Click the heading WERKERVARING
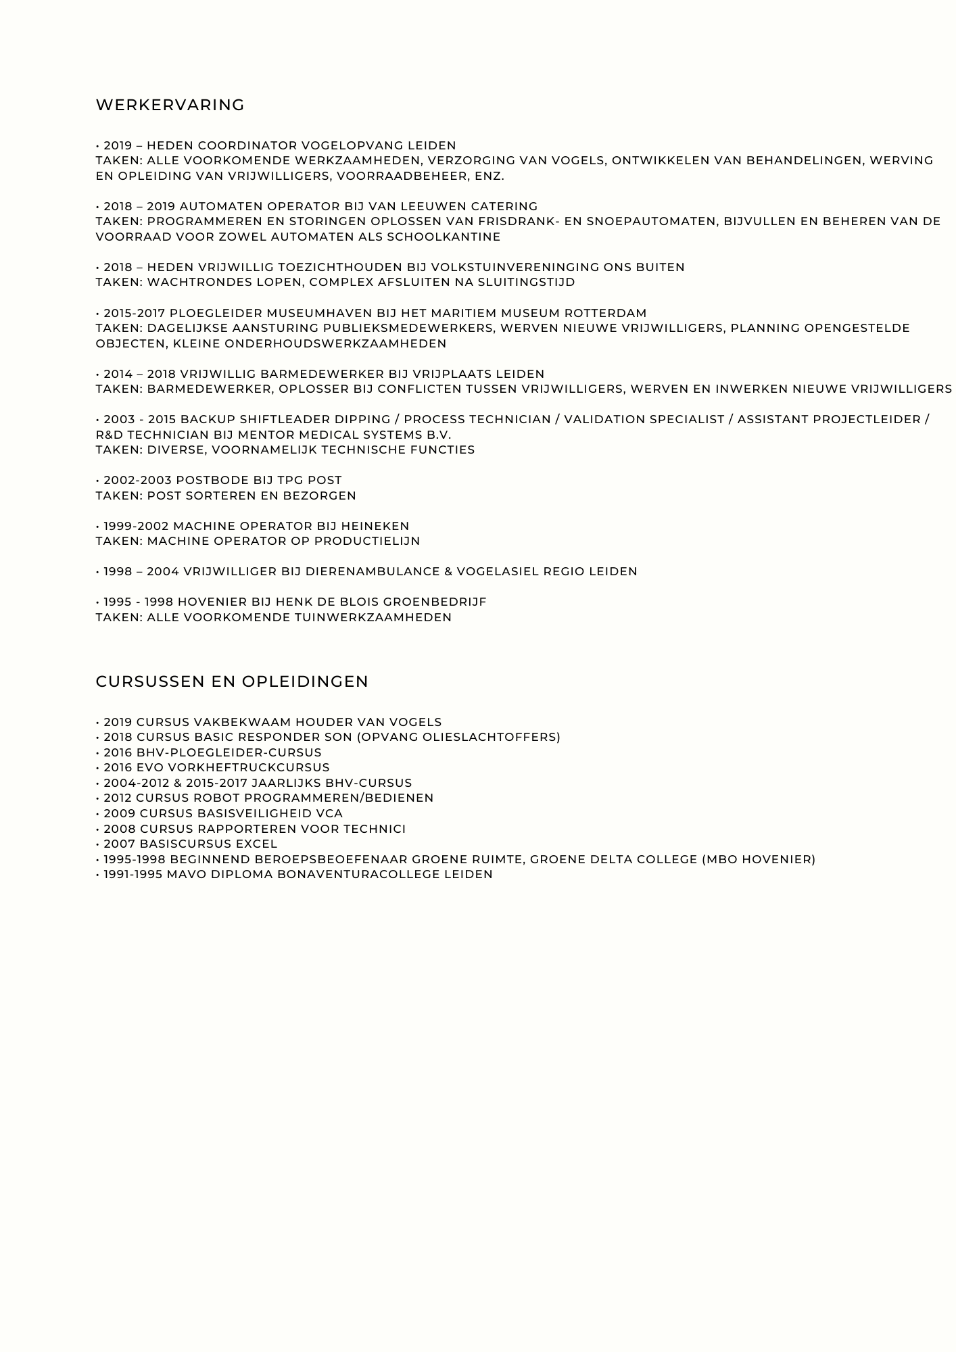click(170, 105)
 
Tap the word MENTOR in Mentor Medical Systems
click(199, 435)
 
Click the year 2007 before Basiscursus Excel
click(119, 844)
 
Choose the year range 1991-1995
click(133, 874)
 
